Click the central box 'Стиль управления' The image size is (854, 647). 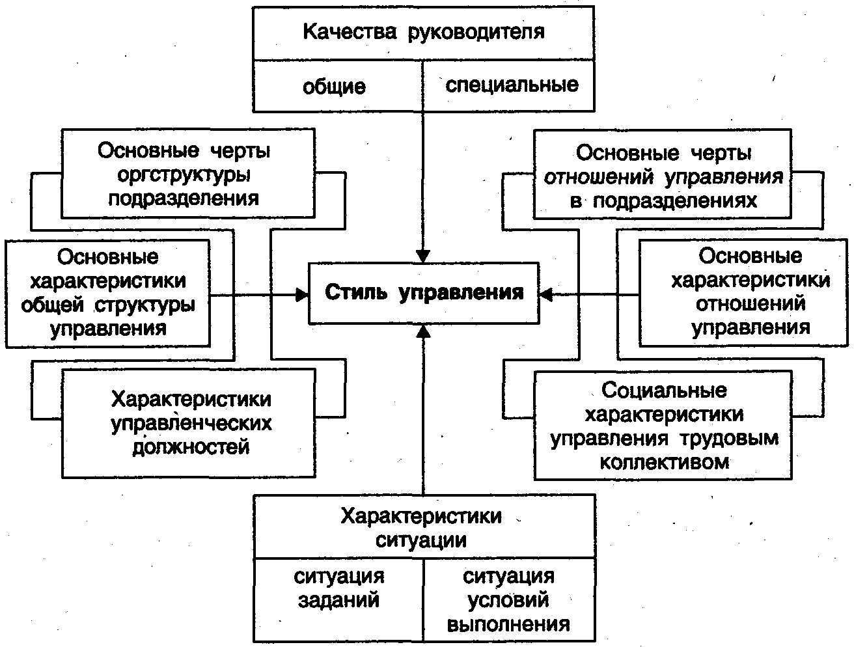click(423, 293)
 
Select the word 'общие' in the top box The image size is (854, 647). click(334, 86)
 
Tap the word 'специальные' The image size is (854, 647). click(512, 85)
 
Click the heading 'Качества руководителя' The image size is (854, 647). click(423, 32)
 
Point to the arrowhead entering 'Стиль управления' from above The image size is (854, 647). click(424, 256)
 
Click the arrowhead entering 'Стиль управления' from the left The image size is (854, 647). click(301, 295)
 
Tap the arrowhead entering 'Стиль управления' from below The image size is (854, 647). click(424, 331)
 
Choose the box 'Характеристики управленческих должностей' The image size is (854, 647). click(188, 422)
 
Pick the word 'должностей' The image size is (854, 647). click(191, 447)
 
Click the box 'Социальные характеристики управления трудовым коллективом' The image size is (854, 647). click(663, 426)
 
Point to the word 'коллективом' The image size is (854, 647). click(663, 461)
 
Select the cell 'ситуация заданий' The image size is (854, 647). click(338, 599)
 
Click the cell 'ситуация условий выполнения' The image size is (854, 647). click(509, 599)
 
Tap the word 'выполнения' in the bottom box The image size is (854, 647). click(509, 624)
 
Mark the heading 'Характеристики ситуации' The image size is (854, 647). click(423, 527)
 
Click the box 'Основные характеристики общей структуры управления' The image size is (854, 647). click(108, 293)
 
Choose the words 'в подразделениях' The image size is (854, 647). click(663, 200)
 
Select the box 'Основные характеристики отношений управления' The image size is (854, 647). click(750, 292)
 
